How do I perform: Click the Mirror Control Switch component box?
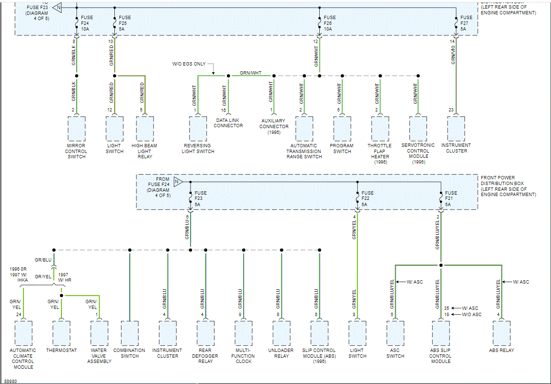click(76, 128)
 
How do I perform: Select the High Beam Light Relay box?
click(145, 128)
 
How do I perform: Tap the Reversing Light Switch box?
click(198, 128)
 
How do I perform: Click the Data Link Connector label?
click(228, 123)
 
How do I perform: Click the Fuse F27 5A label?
click(466, 23)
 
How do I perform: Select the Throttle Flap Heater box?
click(380, 128)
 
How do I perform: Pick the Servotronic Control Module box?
click(418, 128)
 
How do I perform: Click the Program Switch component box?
click(342, 128)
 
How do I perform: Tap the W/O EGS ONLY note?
click(189, 64)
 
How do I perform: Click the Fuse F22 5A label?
click(368, 199)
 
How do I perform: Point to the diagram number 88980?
click(11, 381)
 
